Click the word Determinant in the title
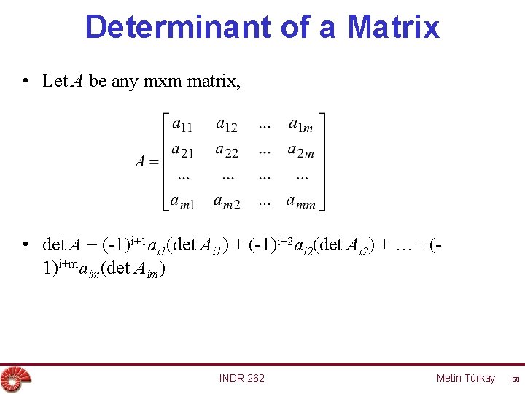coord(178,27)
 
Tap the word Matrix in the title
coord(394,27)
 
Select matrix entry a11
coord(182,125)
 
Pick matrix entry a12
coord(227,125)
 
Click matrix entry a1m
coord(300,125)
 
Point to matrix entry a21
coord(182,151)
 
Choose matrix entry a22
coord(227,151)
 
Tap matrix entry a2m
coord(301,151)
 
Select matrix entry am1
coord(183,201)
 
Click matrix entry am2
coord(227,201)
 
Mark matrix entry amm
coord(301,201)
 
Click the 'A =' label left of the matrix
coord(147,162)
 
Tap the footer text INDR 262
coord(242,378)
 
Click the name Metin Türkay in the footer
coord(465,378)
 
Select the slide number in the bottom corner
coord(515,379)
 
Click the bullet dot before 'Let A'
coord(25,81)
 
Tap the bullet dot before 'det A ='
coord(25,244)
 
